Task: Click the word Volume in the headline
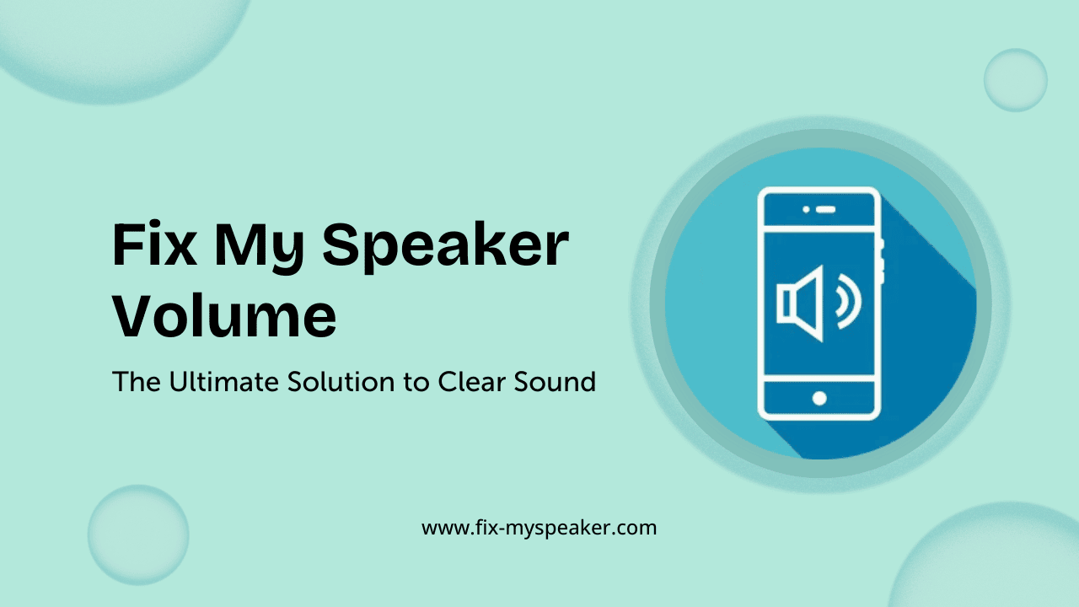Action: [x=224, y=315]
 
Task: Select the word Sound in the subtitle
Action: [x=557, y=382]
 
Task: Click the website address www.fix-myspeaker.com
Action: [x=539, y=529]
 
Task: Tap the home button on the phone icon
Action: [x=819, y=398]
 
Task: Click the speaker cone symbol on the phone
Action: [x=800, y=303]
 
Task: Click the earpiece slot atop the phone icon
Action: [x=826, y=208]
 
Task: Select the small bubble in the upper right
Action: [x=1015, y=80]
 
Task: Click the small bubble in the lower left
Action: [x=138, y=534]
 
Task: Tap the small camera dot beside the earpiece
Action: [x=807, y=208]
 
